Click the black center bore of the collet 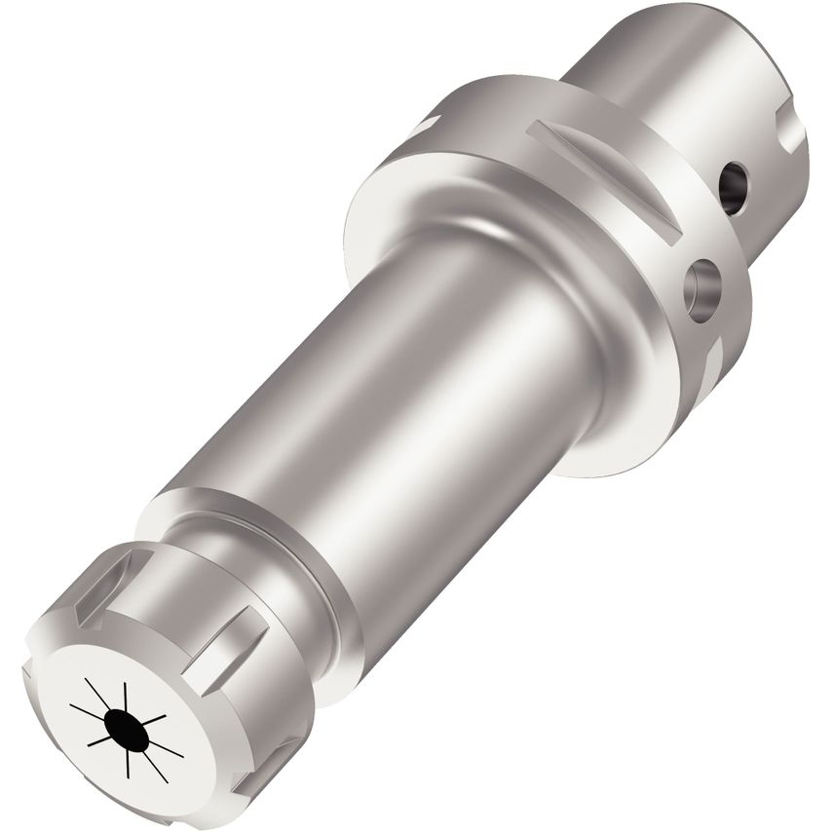pos(127,726)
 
